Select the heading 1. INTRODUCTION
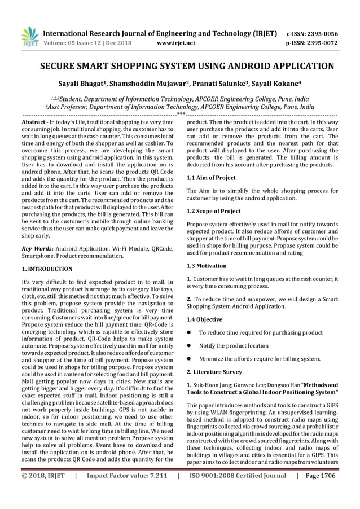pos(46,269)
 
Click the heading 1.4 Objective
pos(205,319)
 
